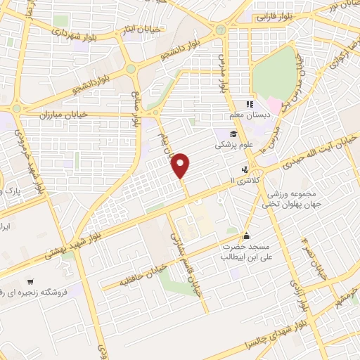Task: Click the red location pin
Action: [x=181, y=165]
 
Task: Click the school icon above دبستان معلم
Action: [x=250, y=104]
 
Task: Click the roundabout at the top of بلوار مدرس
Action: [x=221, y=30]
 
